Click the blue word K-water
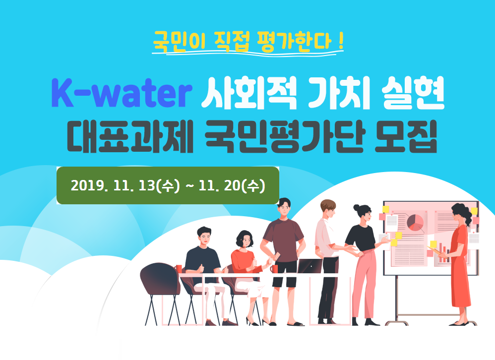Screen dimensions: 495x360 click(122, 93)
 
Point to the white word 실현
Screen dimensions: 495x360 click(413, 93)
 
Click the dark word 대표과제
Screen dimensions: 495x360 click(130, 137)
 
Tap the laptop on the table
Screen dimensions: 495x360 click(309, 266)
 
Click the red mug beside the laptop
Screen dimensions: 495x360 click(274, 269)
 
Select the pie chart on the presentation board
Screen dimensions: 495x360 click(415, 222)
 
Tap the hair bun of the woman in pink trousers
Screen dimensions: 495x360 click(357, 208)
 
